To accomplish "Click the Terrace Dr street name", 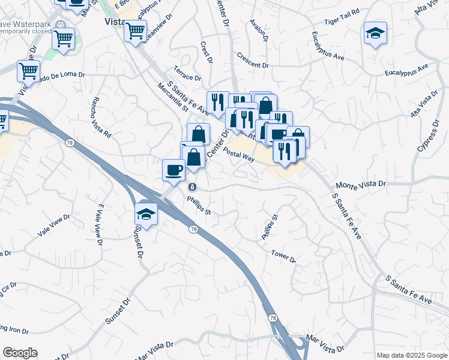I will click(x=188, y=77).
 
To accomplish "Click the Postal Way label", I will click(x=240, y=155).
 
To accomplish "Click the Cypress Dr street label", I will click(x=426, y=148).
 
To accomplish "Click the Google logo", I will click(x=20, y=353).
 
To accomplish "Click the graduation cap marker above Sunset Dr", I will click(x=146, y=212).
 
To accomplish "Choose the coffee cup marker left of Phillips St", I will click(x=173, y=169).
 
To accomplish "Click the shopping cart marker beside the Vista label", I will click(x=135, y=30).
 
